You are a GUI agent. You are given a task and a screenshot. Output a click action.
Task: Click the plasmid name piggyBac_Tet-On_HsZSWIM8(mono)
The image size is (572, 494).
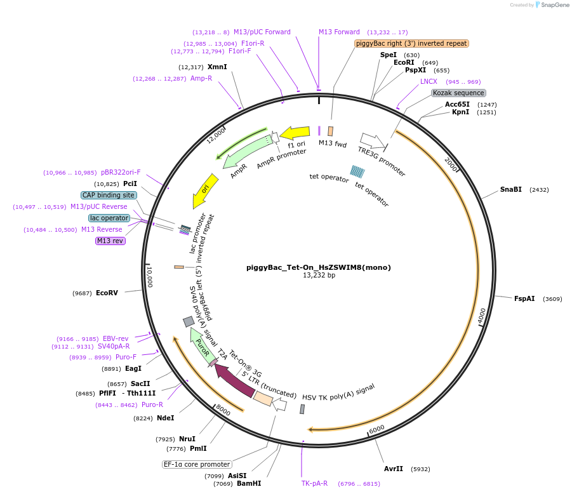[x=318, y=267]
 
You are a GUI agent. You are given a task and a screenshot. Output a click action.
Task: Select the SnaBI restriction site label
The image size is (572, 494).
[x=510, y=189]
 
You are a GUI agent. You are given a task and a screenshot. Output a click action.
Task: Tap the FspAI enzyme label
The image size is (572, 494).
[x=524, y=298]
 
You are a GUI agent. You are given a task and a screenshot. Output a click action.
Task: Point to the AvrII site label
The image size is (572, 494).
[x=394, y=469]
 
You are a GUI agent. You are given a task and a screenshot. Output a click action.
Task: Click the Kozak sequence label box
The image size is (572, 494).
[x=458, y=93]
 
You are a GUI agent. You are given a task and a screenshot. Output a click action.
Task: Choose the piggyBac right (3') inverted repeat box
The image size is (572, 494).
[x=411, y=44]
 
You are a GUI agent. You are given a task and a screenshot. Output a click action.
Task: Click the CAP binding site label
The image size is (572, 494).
[x=109, y=195]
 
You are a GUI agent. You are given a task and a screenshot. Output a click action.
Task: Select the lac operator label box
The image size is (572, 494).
[x=109, y=218]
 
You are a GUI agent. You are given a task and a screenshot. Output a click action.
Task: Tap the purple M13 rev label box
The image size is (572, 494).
[x=110, y=241]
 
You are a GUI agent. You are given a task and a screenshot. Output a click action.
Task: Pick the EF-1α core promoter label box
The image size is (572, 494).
[x=196, y=464]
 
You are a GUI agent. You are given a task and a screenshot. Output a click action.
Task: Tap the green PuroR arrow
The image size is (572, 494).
[x=203, y=345]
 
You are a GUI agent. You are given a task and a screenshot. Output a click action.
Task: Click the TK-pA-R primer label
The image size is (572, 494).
[x=314, y=483]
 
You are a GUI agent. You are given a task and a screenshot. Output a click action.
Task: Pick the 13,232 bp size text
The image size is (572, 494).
[x=319, y=276]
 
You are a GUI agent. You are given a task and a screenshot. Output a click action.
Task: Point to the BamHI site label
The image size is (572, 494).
[x=248, y=483]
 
